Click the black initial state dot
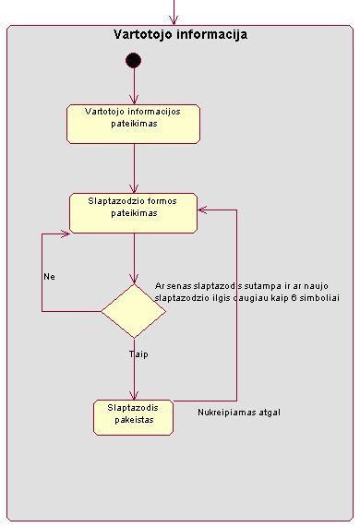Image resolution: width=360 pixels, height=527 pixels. point(134,61)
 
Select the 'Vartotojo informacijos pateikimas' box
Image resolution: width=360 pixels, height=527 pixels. point(134,123)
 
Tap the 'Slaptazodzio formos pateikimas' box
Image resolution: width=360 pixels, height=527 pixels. point(134,212)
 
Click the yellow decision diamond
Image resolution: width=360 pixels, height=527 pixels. point(134,311)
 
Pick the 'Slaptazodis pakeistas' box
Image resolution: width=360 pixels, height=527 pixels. point(134,417)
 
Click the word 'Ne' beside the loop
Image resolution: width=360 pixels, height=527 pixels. point(50,276)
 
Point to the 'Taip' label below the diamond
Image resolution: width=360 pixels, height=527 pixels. point(138,353)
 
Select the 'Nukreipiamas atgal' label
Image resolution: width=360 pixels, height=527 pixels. point(238,413)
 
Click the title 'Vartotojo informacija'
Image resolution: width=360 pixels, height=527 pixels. point(180,35)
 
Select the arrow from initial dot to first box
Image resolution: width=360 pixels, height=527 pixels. point(134,88)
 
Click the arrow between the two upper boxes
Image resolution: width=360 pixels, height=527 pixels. point(134,168)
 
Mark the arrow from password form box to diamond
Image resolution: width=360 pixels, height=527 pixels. point(134,258)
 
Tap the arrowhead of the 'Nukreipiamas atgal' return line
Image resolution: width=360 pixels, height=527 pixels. point(204,210)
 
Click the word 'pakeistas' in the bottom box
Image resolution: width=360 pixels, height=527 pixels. point(134,423)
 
